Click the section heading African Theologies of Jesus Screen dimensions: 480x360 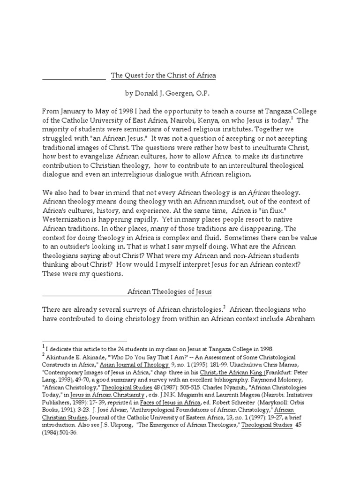coord(170,292)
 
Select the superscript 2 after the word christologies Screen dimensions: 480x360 coord(225,307)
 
